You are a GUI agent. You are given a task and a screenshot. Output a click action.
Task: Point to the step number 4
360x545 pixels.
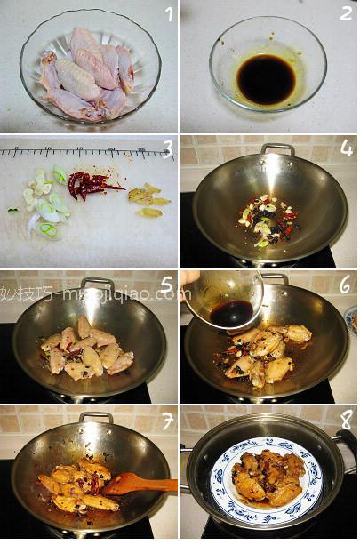tap(345, 149)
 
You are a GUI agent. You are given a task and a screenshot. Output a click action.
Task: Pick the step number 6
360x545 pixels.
tap(345, 286)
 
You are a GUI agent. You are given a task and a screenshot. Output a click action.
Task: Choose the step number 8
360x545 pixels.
tap(345, 420)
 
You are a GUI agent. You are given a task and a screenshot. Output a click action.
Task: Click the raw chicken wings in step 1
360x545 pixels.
tap(89, 76)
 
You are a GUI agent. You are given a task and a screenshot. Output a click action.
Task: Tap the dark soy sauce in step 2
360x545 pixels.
tap(266, 79)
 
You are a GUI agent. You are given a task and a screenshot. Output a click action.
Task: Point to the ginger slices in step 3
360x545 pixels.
tap(148, 198)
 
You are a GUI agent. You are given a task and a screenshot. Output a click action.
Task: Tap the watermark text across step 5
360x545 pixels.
tap(89, 293)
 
